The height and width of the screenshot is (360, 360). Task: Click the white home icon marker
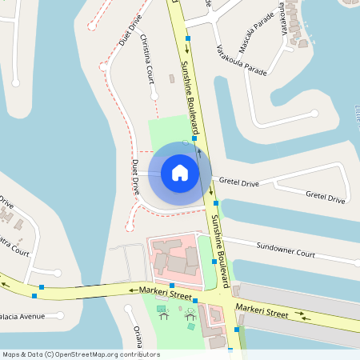pos(180,173)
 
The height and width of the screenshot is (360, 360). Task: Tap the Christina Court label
pos(146,58)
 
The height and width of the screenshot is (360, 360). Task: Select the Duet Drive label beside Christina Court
pos(129,29)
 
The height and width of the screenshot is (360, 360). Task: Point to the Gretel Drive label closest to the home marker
pos(238,183)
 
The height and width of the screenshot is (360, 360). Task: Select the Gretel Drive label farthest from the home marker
pos(325,196)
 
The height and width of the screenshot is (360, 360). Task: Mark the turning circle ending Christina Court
pos(154,96)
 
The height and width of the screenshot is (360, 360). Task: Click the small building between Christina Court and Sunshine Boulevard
pos(171,78)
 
